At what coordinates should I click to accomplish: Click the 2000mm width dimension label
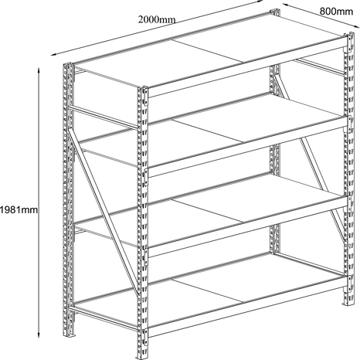pyautogui.click(x=157, y=19)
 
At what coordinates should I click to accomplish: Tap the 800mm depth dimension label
pyautogui.click(x=336, y=12)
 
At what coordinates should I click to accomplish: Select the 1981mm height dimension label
pyautogui.click(x=19, y=210)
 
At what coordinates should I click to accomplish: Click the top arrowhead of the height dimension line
pyautogui.click(x=39, y=70)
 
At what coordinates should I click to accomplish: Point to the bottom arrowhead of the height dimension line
pyautogui.click(x=39, y=335)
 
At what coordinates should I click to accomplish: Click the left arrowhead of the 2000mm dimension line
pyautogui.click(x=53, y=54)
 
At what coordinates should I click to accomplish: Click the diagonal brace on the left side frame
pyautogui.click(x=103, y=211)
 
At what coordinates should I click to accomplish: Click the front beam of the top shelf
pyautogui.click(x=247, y=68)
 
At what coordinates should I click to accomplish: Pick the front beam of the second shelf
pyautogui.click(x=247, y=148)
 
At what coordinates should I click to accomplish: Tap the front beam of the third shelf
pyautogui.click(x=247, y=227)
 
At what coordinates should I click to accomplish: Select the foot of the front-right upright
pyautogui.click(x=348, y=304)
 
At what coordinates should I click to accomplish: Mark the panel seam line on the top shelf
pyautogui.click(x=208, y=51)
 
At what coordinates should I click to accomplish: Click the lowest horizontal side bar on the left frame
pyautogui.click(x=103, y=318)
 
